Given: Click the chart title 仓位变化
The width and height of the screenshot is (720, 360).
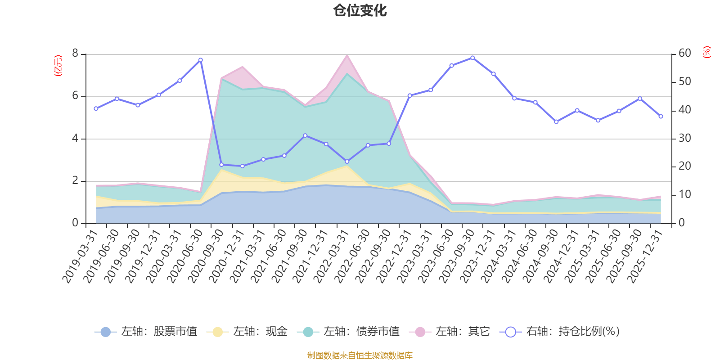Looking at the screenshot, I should pos(360,10).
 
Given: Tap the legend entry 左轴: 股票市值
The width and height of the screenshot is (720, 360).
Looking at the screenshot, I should pos(146,332).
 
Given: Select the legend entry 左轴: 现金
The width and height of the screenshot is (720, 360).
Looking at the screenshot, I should pos(247,332).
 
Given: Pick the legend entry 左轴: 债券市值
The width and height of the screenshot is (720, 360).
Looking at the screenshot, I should pos(348,332).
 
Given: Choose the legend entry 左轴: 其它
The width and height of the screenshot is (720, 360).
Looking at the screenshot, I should pos(450,332).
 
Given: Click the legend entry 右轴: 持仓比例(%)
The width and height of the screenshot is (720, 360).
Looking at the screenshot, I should pos(560,332).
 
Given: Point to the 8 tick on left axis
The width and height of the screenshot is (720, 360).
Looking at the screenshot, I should pos(75,54).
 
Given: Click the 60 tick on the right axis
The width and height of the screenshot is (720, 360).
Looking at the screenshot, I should pos(685,53).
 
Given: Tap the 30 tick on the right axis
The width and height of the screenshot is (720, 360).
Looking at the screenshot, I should pos(685,138).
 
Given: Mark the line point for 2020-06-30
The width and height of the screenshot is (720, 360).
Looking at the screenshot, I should pos(201,60).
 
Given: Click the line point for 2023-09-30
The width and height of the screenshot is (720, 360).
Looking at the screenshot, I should pos(472,58).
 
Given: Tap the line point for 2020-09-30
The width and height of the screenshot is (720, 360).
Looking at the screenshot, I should pos(221,165).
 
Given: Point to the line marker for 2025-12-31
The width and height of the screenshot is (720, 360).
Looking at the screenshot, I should pos(661,117).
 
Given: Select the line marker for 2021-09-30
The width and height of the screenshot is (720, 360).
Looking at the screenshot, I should pos(305,135).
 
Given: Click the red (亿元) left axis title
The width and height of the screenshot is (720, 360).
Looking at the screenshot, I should pos(58,66).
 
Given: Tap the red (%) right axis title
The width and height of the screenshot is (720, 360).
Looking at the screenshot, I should pos(707,52).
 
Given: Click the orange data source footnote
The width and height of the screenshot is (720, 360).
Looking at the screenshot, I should pos(360,355).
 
